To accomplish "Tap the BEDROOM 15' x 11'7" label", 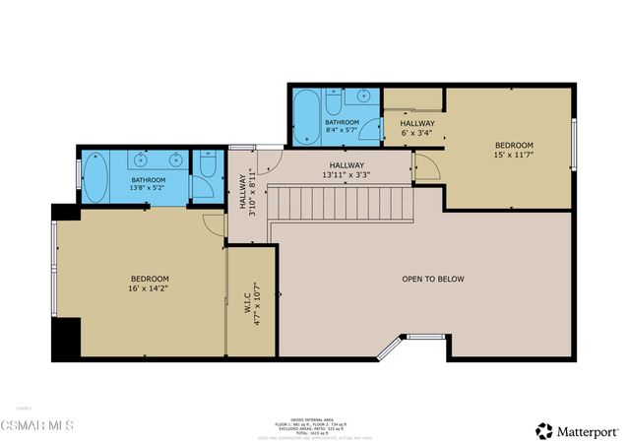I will tap(514, 150).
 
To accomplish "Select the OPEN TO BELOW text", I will tap(433, 279).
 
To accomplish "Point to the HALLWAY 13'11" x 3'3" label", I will tap(346, 170).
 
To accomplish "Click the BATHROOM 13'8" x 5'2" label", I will tap(149, 185).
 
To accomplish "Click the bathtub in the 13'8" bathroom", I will tap(98, 178).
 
